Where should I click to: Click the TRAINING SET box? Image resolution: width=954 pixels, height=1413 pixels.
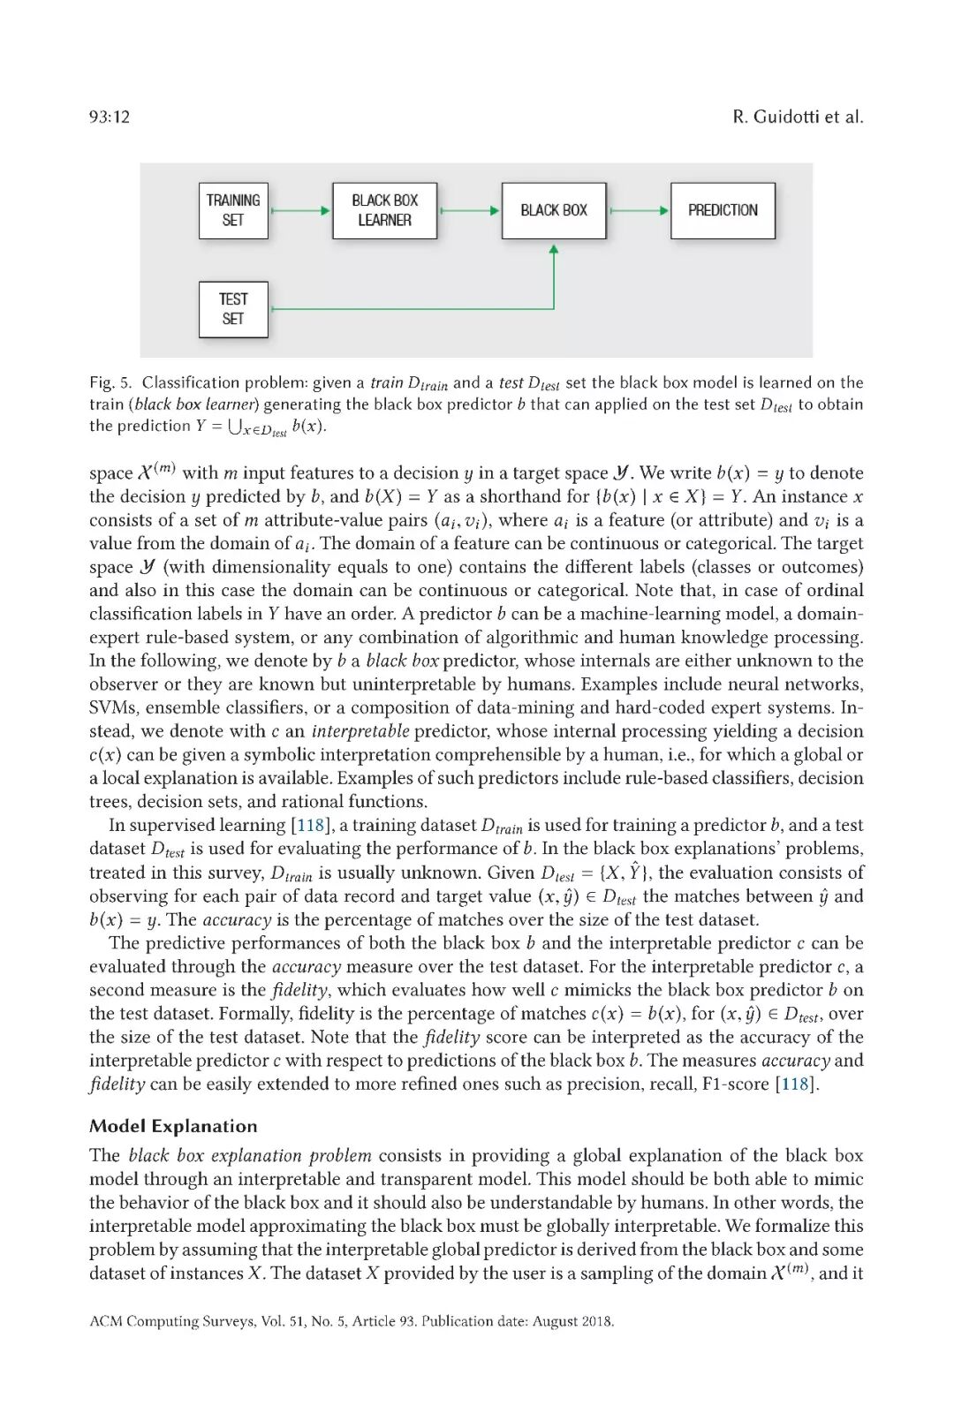coord(233,210)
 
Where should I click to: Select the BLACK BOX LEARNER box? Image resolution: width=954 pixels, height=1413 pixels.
coord(384,210)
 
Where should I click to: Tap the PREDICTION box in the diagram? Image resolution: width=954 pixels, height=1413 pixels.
coord(723,210)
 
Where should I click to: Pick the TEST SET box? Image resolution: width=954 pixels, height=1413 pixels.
coord(233,309)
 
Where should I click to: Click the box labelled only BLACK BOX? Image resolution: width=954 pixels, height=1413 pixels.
coord(554,210)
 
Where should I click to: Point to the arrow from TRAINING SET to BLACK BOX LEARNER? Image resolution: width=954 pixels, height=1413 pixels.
coord(300,211)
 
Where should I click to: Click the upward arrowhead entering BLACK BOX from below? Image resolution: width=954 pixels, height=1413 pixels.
coord(554,251)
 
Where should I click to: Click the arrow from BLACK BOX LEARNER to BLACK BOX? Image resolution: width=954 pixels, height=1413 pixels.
coord(470,211)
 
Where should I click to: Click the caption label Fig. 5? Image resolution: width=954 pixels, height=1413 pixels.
coord(110,382)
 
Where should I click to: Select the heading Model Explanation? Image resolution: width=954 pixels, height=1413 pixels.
coord(173,1126)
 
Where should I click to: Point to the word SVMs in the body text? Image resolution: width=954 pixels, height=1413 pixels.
coord(112,707)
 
